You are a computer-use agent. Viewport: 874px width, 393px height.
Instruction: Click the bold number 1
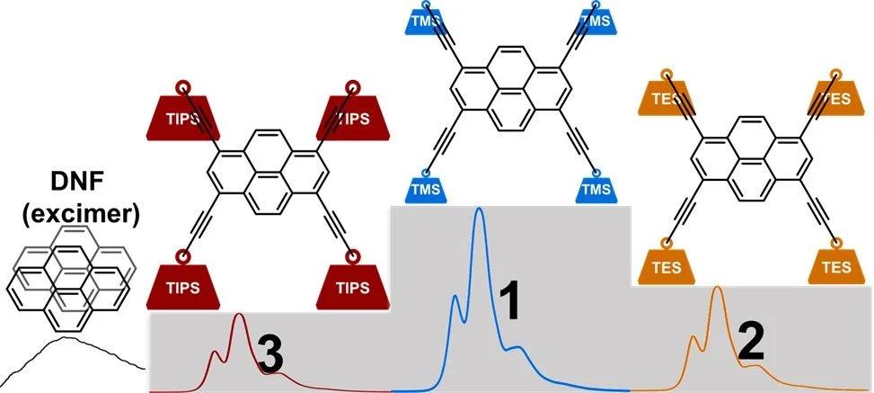[510, 303]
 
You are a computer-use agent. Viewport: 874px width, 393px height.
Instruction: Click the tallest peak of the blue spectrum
[479, 210]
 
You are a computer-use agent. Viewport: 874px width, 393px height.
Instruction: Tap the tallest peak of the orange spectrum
[718, 288]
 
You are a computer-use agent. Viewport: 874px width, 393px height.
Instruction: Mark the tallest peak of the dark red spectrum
[239, 315]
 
